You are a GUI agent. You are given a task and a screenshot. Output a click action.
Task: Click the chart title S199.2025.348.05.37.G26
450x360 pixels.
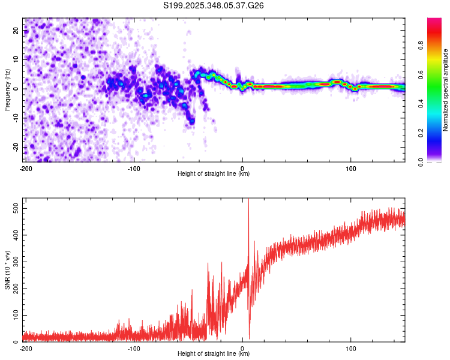coord(214,5)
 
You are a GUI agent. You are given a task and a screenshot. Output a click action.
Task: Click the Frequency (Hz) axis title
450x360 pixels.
coord(7,89)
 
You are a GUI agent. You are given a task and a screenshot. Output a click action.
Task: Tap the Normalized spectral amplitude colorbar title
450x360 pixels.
coord(446,91)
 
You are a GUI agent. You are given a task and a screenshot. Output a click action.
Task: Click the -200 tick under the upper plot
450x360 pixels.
coord(26,168)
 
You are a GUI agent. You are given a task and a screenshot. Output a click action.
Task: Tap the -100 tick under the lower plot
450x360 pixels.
coord(133,348)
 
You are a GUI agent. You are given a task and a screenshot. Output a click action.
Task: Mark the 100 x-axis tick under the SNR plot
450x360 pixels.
coord(352,348)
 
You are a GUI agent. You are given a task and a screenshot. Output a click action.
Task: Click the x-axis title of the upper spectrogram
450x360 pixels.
coord(214,174)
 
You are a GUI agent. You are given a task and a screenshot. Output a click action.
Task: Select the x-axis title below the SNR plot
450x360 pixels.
coord(214,354)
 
